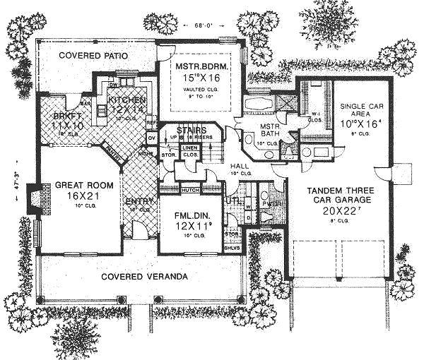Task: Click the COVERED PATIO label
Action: (x=91, y=55)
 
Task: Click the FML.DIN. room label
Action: (x=184, y=214)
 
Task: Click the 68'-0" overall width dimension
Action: (x=206, y=26)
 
